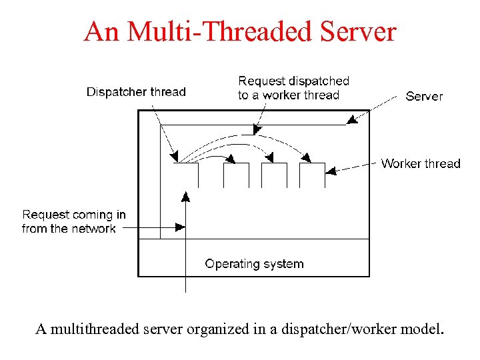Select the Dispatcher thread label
(x=136, y=92)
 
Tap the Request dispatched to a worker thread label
(x=293, y=88)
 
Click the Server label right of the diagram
(x=424, y=96)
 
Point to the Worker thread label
(x=421, y=163)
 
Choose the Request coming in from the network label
(x=73, y=221)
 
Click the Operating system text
(x=254, y=264)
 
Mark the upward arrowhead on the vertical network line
(x=185, y=197)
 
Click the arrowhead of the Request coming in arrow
(x=180, y=227)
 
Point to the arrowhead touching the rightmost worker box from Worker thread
(x=331, y=171)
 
